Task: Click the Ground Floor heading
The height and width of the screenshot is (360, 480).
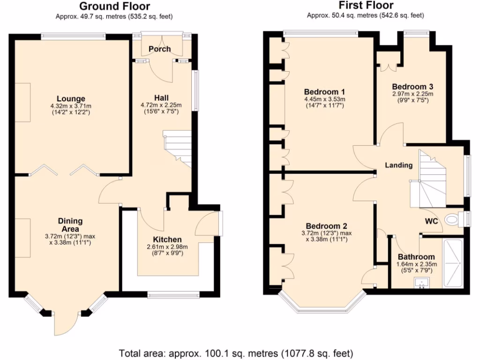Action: coord(114,7)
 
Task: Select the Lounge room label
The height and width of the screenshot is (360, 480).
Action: coord(71,98)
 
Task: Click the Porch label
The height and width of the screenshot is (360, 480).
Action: coord(160,49)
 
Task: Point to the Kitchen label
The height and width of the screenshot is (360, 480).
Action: coord(166,240)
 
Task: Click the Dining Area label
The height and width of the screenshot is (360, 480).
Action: coord(70,225)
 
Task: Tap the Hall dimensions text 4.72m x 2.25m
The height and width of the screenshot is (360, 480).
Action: coord(162,105)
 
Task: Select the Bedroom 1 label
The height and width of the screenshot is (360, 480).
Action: coord(324,91)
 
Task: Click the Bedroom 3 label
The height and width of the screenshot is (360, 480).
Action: coord(412,87)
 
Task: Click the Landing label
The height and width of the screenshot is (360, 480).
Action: coord(398,165)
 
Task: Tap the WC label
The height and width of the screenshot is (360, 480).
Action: coord(431,221)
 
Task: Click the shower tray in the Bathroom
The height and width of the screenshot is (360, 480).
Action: coord(453,263)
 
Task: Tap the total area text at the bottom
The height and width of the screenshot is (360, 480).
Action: coord(236,353)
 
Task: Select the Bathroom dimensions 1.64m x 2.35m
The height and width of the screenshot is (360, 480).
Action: coord(416,264)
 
